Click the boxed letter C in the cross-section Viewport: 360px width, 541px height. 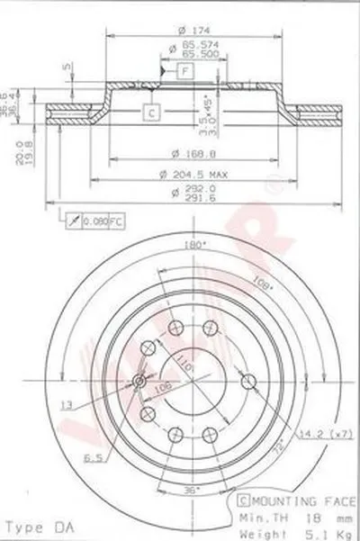pyautogui.click(x=152, y=112)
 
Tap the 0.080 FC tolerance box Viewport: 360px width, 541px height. pyautogui.click(x=90, y=221)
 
